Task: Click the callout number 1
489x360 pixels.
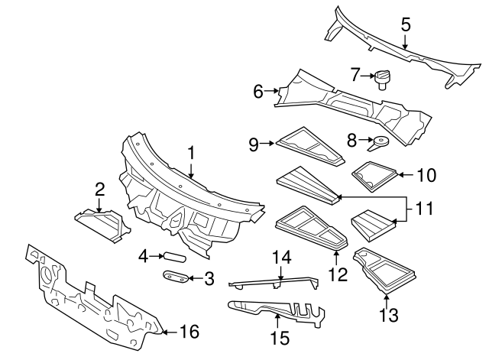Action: (191, 154)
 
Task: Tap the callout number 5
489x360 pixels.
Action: (406, 25)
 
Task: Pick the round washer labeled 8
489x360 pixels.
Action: (380, 141)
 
